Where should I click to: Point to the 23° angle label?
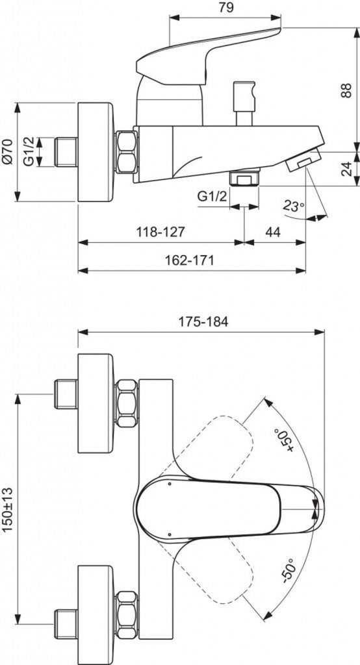[x=293, y=207]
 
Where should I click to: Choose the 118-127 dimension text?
[x=161, y=231]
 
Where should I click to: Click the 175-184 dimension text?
[x=201, y=321]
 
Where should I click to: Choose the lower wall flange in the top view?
[x=97, y=594]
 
